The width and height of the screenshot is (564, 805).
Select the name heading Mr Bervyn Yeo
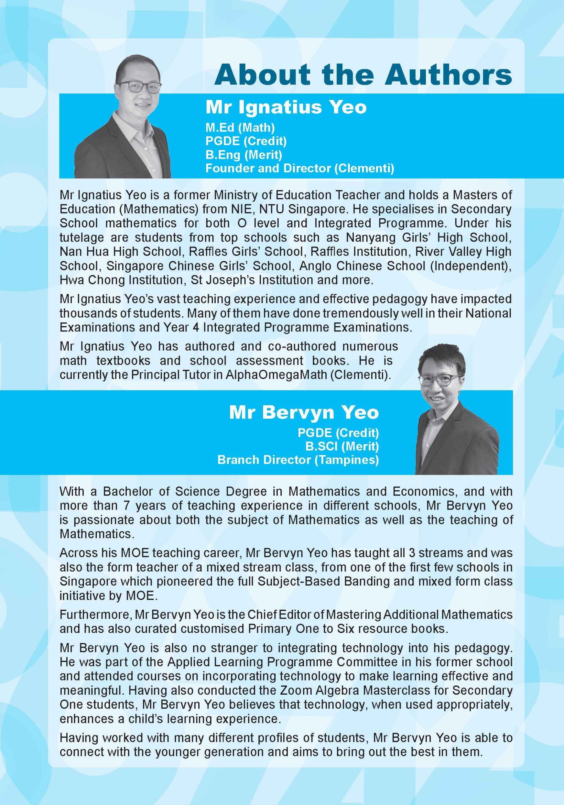click(x=304, y=413)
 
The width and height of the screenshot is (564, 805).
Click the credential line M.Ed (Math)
click(x=240, y=128)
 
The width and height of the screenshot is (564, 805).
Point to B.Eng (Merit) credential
click(x=244, y=155)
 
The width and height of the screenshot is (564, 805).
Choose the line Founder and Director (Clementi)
click(x=300, y=168)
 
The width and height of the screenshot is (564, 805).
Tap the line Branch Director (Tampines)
click(x=298, y=460)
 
